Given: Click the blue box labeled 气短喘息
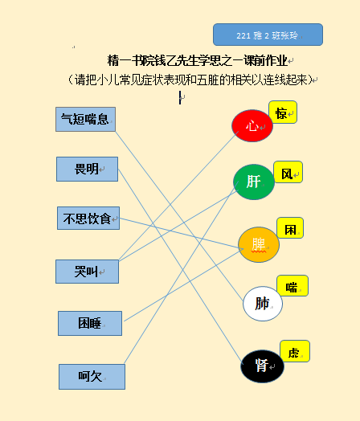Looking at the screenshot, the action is click(85, 119).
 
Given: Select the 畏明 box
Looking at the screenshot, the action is click(87, 170).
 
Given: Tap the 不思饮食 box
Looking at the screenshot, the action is click(88, 218).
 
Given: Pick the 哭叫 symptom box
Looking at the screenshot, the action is click(88, 272).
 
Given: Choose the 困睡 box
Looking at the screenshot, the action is click(90, 323).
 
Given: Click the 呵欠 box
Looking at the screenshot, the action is click(92, 377).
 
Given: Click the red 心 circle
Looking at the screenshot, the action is click(252, 125).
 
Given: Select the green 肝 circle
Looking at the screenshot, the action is click(254, 182).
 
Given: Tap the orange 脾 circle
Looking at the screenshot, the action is click(259, 244).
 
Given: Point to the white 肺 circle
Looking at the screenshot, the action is click(263, 304).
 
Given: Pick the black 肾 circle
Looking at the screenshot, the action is click(262, 366).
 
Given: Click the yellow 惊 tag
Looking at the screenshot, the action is click(283, 112).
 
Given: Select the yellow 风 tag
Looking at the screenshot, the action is click(288, 172).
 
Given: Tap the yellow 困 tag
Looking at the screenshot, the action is click(290, 228).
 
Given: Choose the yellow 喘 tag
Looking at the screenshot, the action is click(292, 286).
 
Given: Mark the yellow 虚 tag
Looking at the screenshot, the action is click(295, 351).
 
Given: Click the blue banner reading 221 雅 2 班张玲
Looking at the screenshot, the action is click(268, 35).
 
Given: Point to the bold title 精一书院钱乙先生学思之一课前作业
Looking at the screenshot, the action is click(198, 60).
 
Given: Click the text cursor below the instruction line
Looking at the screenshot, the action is click(180, 97).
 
